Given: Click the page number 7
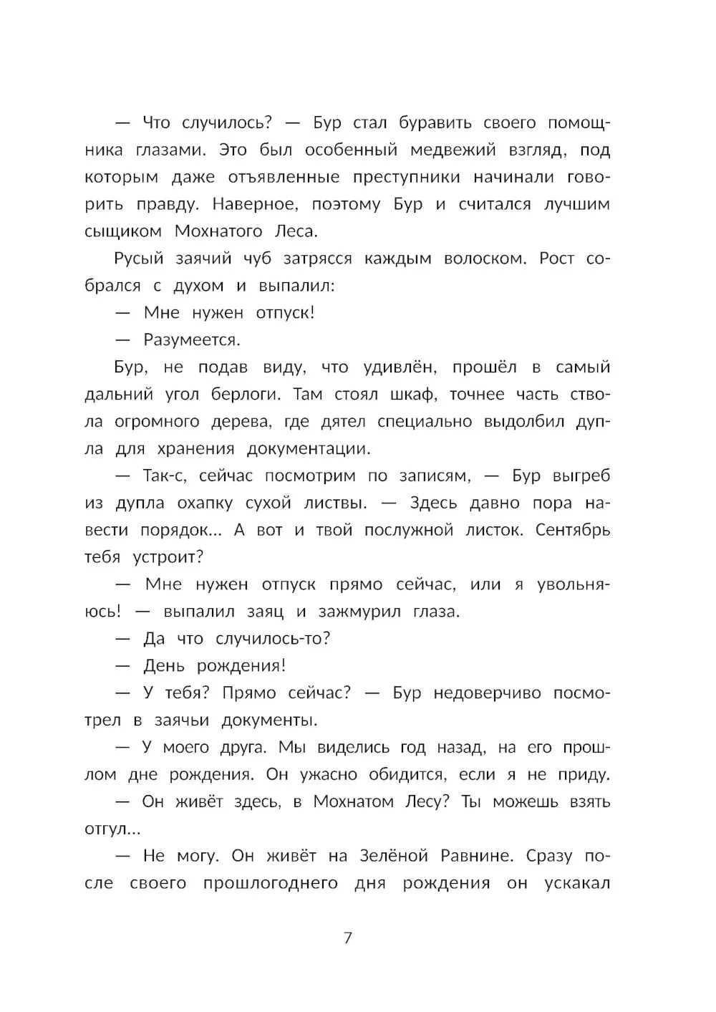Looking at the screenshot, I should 348,938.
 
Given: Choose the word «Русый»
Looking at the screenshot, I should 139,259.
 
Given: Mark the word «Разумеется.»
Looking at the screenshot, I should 192,339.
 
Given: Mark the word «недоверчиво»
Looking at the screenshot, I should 487,693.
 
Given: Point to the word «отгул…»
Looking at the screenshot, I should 112,829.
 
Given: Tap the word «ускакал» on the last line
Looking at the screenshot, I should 576,883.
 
